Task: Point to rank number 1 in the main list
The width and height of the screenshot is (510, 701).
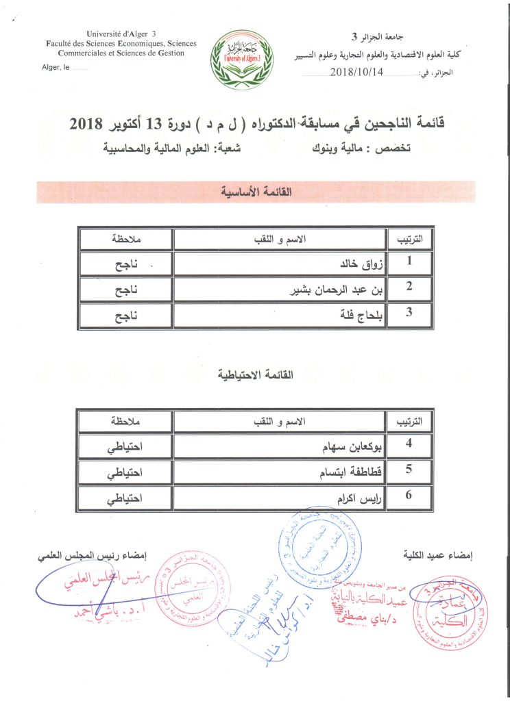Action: coord(409,262)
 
